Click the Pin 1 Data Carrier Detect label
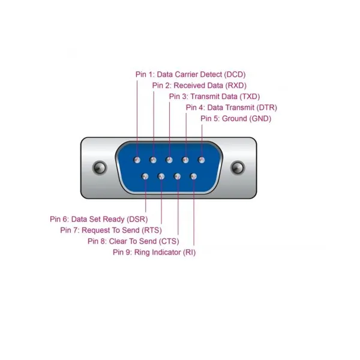click(x=190, y=74)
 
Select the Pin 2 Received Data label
click(x=199, y=86)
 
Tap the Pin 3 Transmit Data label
click(x=214, y=97)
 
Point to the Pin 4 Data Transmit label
click(x=232, y=107)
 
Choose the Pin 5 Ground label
click(x=236, y=119)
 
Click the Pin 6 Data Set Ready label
click(x=99, y=219)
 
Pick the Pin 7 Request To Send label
click(x=111, y=230)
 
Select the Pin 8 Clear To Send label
click(x=133, y=241)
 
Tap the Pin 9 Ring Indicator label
click(x=154, y=253)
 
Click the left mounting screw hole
click(x=100, y=167)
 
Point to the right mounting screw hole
click(x=238, y=167)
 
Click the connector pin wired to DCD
click(x=137, y=160)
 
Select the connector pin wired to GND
click(x=202, y=160)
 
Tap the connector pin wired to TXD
click(x=169, y=160)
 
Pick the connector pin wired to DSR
click(x=145, y=176)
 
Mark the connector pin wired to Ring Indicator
click(x=194, y=176)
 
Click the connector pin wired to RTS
click(x=161, y=176)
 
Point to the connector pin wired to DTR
click(x=185, y=160)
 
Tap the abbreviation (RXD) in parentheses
click(x=236, y=86)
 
